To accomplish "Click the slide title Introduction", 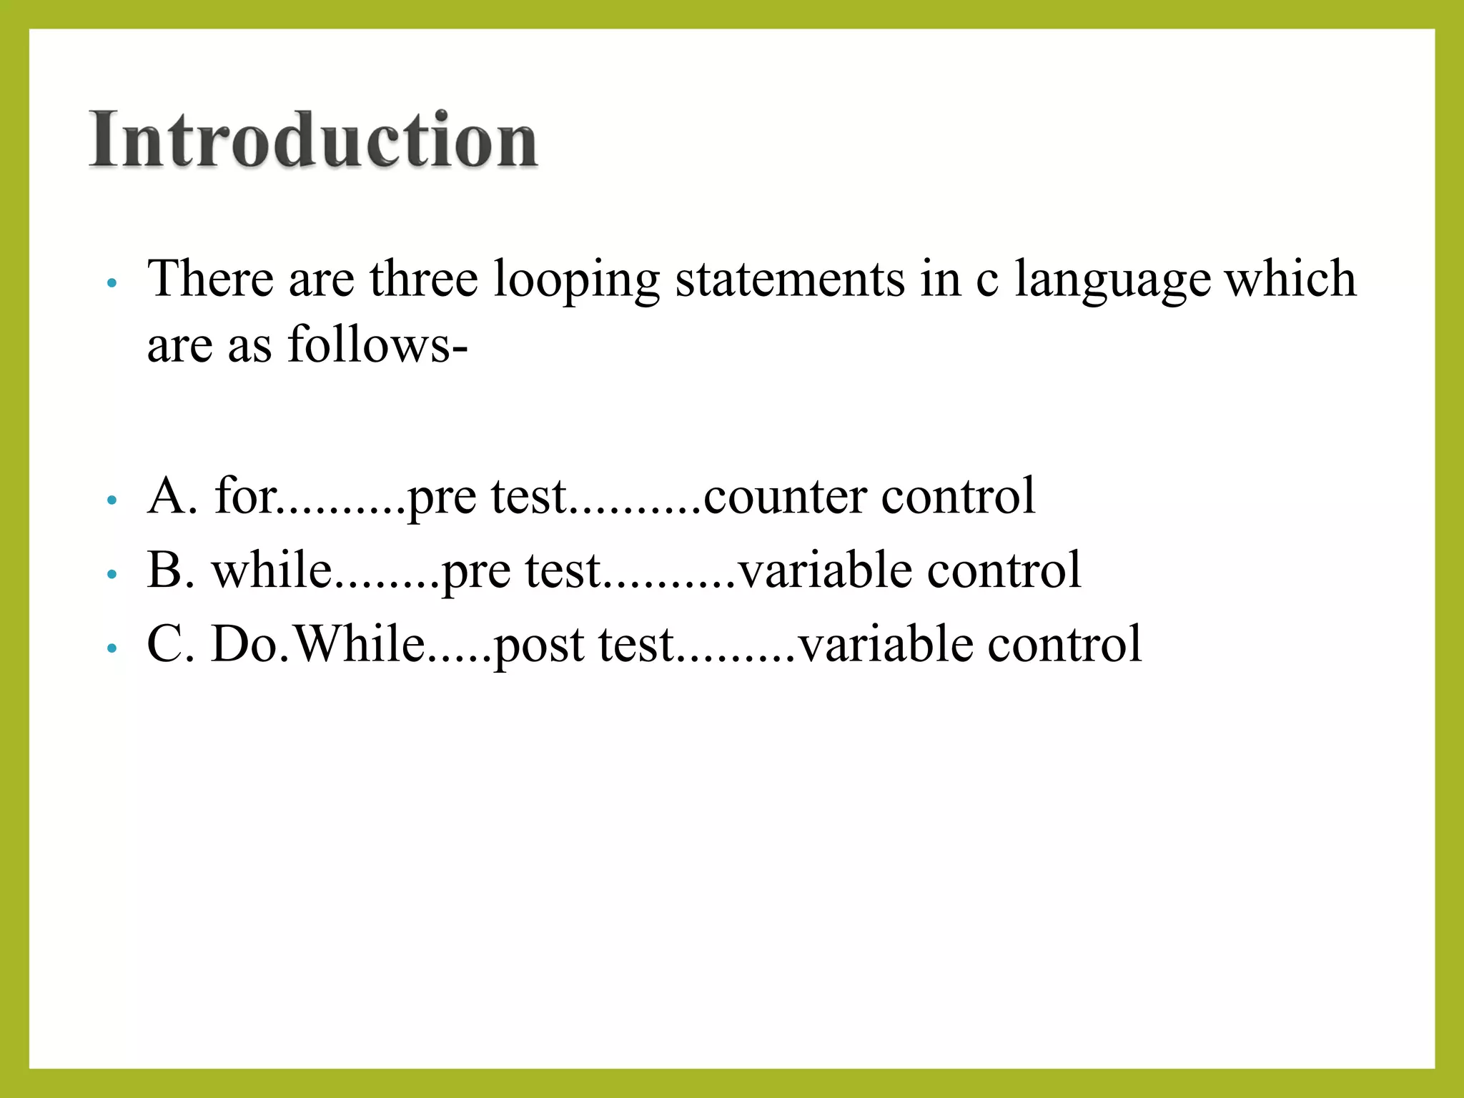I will (x=313, y=139).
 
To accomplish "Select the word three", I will (x=423, y=278).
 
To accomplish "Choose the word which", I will (x=1290, y=278).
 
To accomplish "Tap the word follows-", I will (x=377, y=345).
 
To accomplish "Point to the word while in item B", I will (x=272, y=570).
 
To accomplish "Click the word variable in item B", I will (x=824, y=570).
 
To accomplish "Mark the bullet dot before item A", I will (x=111, y=500).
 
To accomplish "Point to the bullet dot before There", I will (x=111, y=283).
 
